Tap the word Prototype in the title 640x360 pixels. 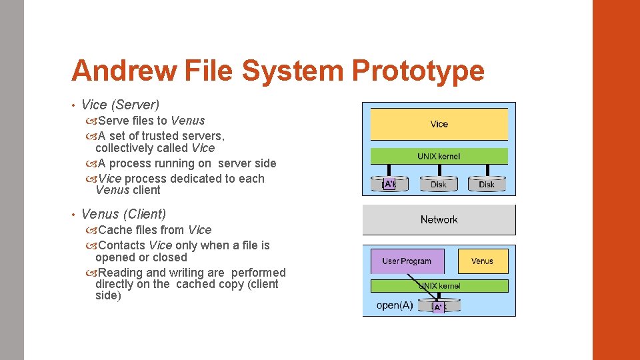(418, 71)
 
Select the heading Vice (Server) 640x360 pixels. (120, 105)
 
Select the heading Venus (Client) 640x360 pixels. (123, 214)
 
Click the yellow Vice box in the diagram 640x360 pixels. (439, 124)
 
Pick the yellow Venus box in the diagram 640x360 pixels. (483, 261)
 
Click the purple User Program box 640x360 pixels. (407, 261)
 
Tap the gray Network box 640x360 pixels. (439, 220)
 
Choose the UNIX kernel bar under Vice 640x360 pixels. (439, 156)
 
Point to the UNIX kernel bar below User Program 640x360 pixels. (439, 285)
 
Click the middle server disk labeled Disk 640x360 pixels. (439, 184)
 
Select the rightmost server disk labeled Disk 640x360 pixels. (487, 184)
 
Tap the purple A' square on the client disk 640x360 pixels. (439, 307)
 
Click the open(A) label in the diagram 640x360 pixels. (395, 306)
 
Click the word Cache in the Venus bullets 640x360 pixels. (115, 230)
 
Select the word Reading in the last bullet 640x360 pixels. (120, 273)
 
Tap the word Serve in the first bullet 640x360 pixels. (114, 121)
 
